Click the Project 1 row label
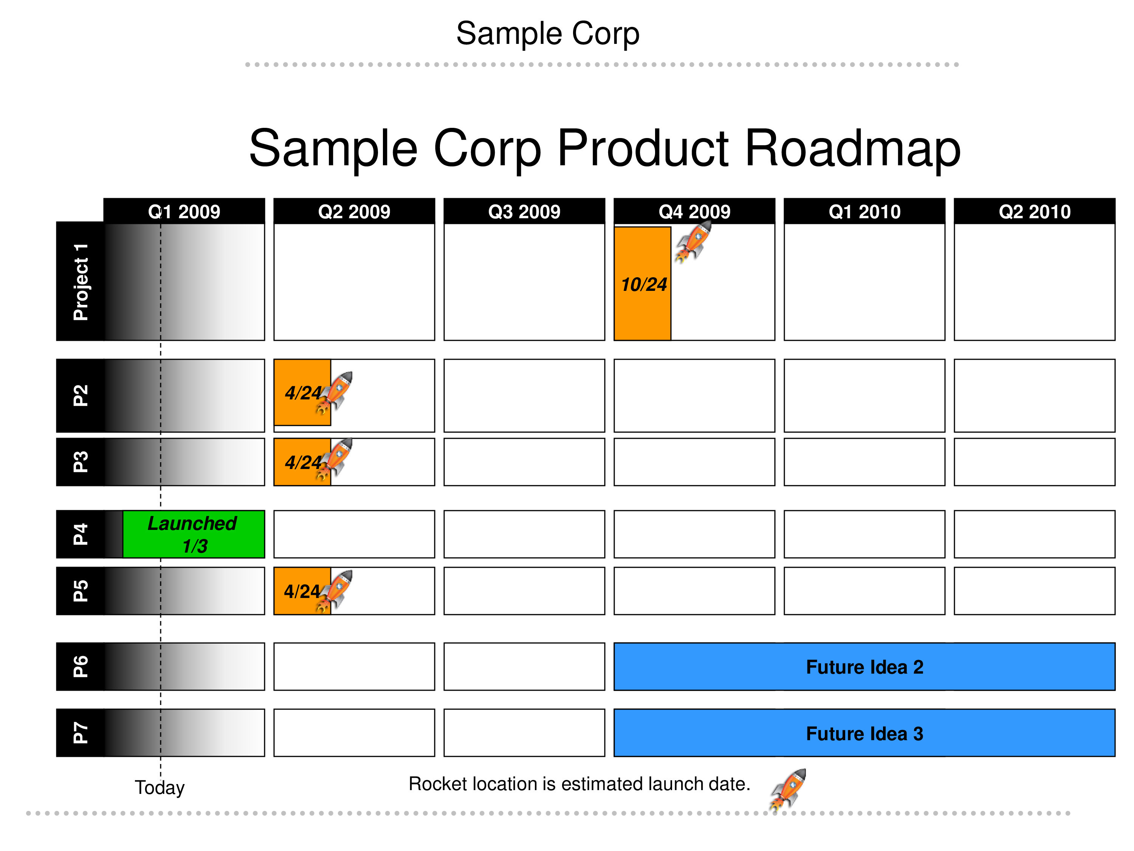81,282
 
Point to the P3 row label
81,462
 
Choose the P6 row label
81,666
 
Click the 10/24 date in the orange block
644,284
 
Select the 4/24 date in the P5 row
302,592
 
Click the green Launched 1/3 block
194,534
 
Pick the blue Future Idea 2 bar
864,666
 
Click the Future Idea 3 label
864,733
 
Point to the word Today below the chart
160,787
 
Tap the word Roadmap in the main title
852,148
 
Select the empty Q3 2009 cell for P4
524,534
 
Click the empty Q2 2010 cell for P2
1035,396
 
